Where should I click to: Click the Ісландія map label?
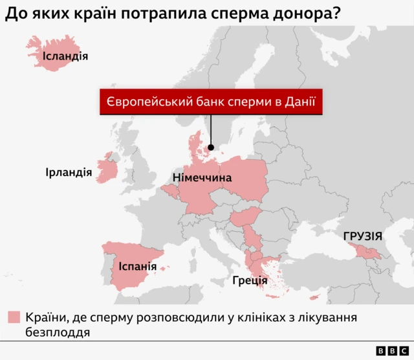tap(65, 56)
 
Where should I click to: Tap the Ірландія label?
tap(68, 173)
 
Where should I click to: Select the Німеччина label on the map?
tap(202, 177)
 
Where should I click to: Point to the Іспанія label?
tap(137, 266)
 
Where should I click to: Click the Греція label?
tap(250, 281)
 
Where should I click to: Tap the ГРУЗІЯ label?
tap(363, 236)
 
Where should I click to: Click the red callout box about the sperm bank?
tap(210, 102)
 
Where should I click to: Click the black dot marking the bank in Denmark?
tap(210, 147)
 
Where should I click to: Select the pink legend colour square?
tap(14, 317)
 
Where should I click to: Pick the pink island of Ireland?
tap(107, 170)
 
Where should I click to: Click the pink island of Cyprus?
tap(315, 297)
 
